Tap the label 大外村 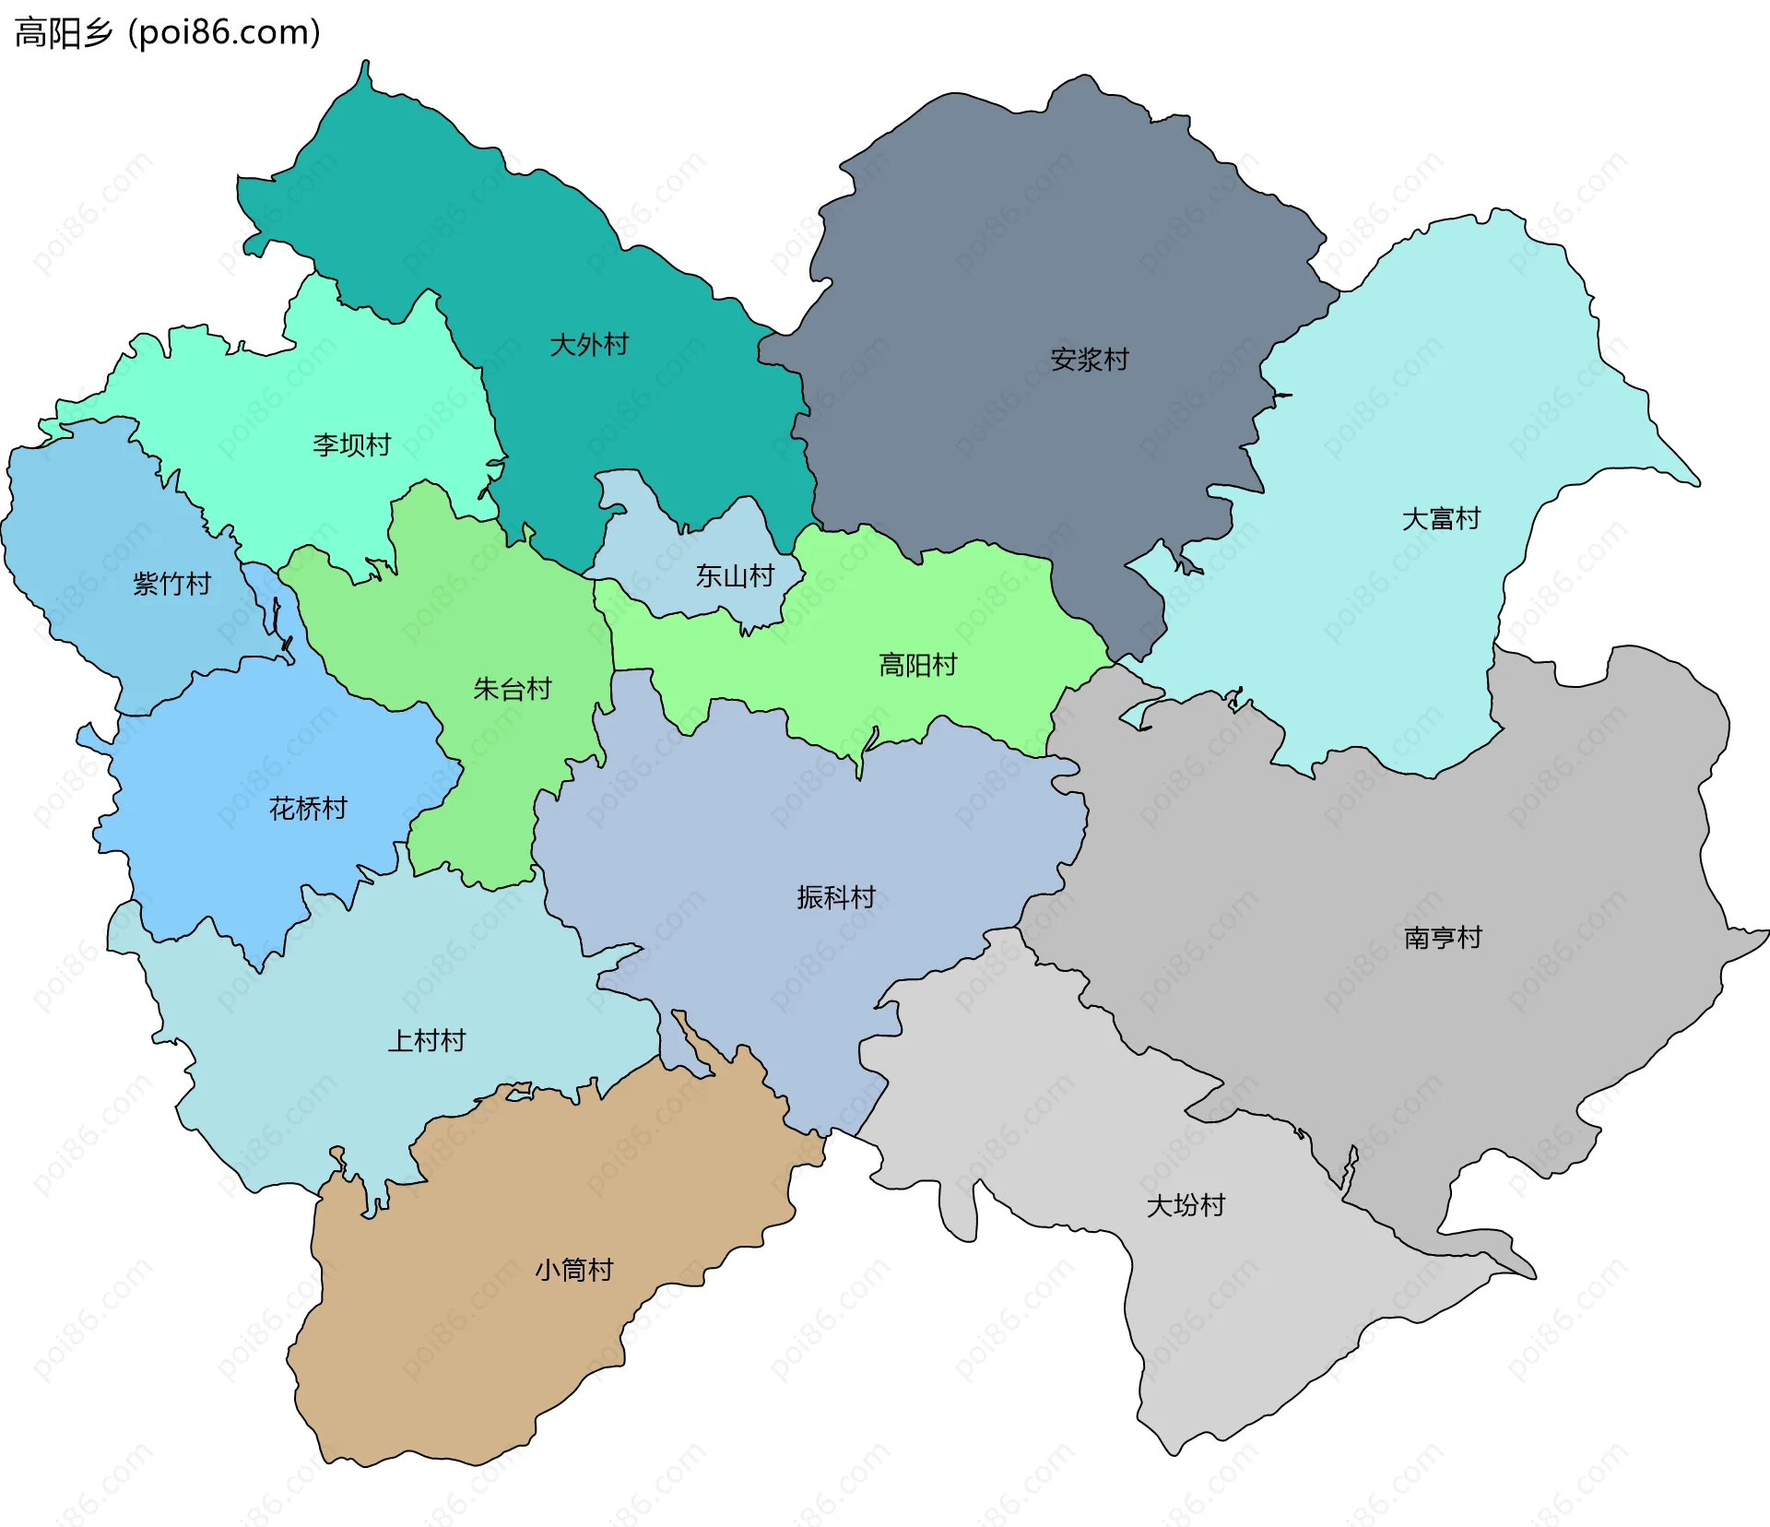(x=588, y=345)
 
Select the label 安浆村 (x=1090, y=360)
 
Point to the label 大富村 (x=1440, y=519)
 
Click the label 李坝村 (x=351, y=445)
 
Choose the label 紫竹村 (x=171, y=584)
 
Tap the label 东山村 (x=734, y=576)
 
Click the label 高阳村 (x=917, y=665)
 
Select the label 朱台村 (x=512, y=689)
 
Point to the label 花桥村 (x=308, y=809)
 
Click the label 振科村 (x=835, y=897)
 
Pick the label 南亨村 (x=1442, y=938)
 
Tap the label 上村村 (x=426, y=1041)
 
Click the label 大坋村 (x=1186, y=1205)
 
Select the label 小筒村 (x=573, y=1270)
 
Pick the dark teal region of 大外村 (x=516, y=240)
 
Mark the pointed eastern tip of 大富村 (x=1694, y=481)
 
